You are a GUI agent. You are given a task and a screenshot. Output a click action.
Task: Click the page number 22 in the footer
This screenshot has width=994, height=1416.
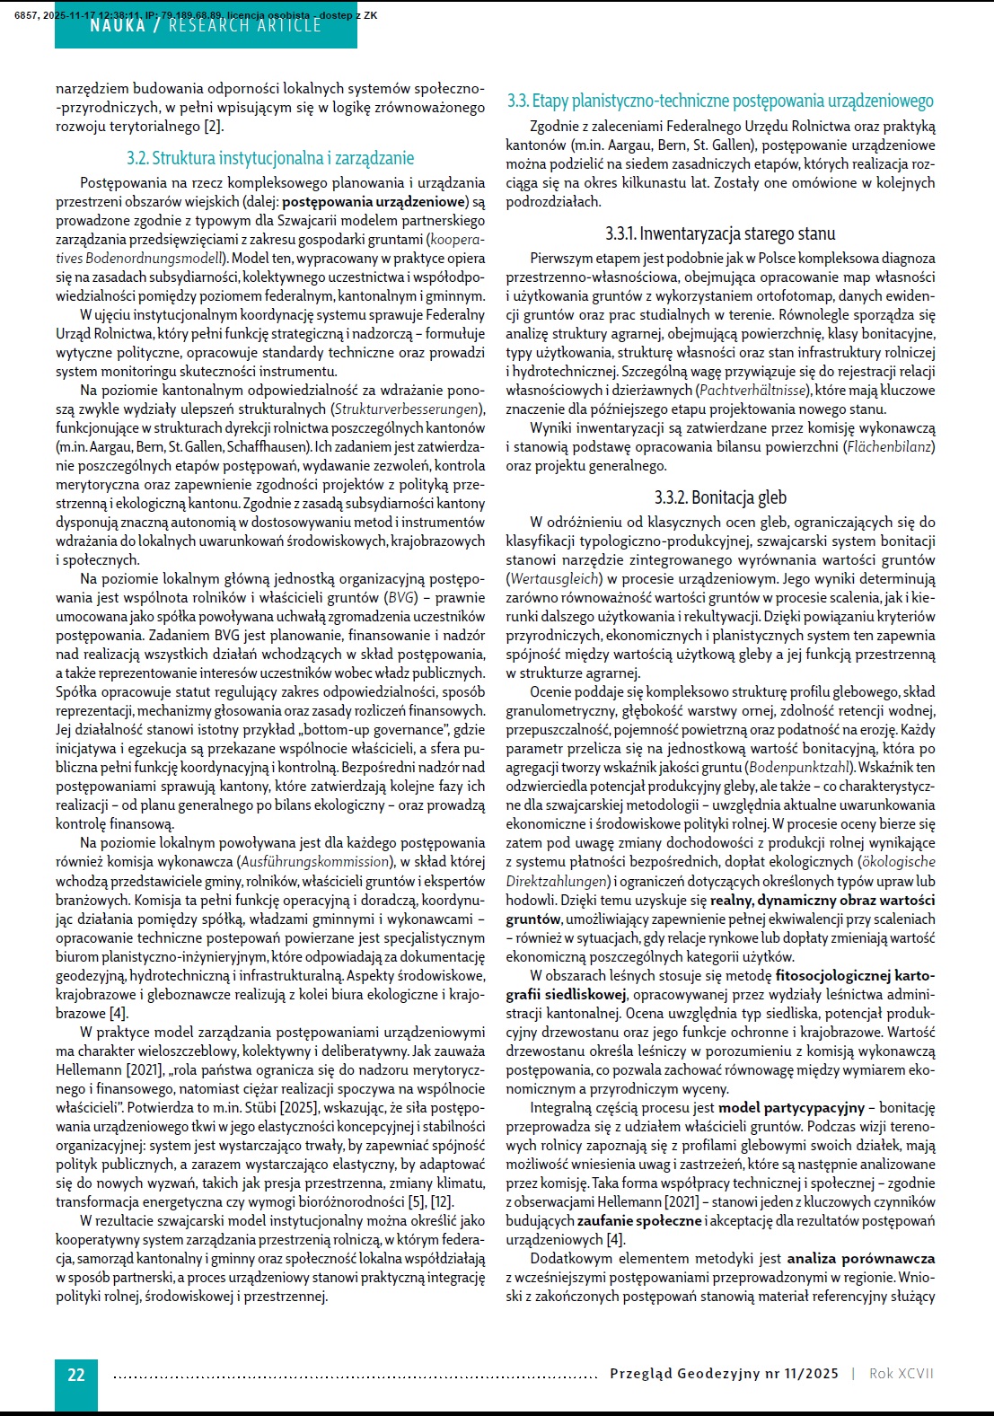(76, 1375)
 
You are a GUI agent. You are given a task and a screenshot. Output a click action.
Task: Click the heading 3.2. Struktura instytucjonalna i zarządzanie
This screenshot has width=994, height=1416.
(269, 158)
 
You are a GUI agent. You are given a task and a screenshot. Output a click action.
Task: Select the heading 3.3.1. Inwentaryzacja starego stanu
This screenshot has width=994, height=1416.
(720, 233)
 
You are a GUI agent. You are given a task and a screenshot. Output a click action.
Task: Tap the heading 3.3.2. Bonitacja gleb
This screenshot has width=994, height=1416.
(720, 497)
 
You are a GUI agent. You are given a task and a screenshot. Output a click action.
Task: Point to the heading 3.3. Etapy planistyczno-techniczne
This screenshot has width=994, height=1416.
(720, 101)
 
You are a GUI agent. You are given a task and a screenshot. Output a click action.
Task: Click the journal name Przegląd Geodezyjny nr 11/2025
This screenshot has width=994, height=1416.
(724, 1374)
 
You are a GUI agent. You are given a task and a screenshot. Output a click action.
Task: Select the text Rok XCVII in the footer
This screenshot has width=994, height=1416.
(901, 1374)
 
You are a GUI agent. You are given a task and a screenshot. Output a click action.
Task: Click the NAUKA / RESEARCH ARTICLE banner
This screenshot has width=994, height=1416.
(206, 26)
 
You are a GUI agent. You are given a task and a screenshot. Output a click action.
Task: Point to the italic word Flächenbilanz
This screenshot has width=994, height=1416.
(888, 446)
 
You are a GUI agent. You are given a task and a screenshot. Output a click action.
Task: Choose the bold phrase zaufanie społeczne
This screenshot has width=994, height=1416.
(638, 1221)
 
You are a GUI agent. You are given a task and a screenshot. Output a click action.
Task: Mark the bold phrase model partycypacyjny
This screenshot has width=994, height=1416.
(792, 1108)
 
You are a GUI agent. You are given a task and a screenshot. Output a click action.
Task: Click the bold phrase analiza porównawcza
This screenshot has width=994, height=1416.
(861, 1259)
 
